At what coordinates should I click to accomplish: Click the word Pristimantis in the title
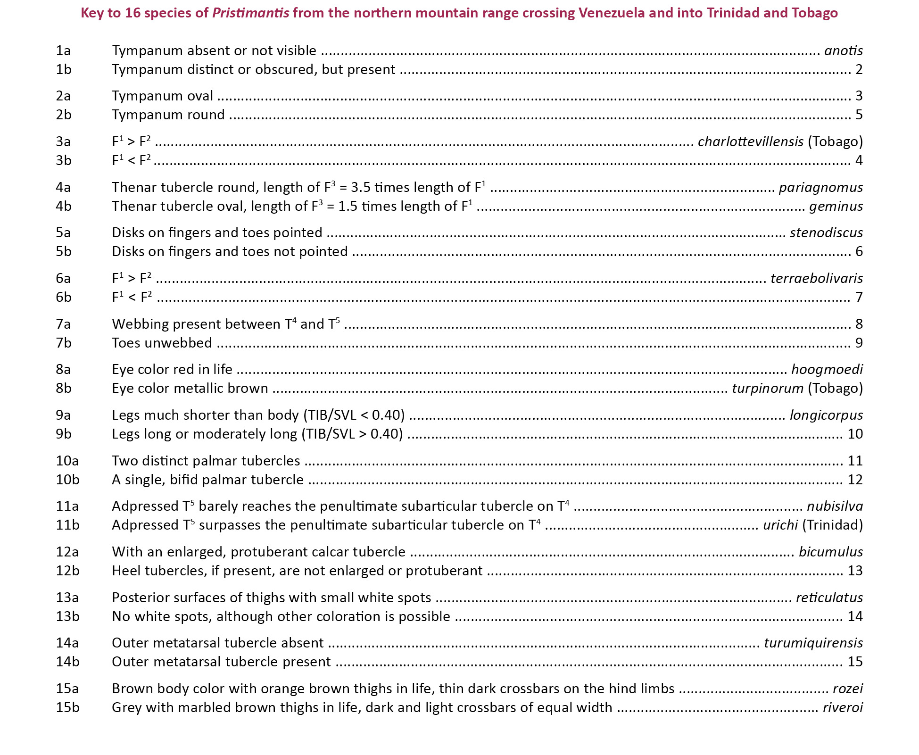click(x=250, y=13)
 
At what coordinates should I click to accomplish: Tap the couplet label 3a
click(x=63, y=141)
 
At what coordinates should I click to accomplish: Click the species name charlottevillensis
click(x=750, y=141)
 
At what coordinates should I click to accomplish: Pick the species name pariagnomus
click(x=820, y=187)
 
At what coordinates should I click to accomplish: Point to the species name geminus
click(x=836, y=206)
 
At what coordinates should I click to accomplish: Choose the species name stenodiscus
click(x=826, y=232)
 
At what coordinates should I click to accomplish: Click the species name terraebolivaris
click(x=816, y=278)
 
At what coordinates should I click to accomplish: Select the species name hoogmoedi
click(x=827, y=369)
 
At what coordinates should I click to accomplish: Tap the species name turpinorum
click(x=767, y=388)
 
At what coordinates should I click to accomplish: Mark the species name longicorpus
click(x=826, y=415)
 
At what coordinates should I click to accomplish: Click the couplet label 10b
click(x=67, y=480)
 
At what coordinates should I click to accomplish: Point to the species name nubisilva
click(x=835, y=506)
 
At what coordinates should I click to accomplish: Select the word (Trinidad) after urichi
click(x=833, y=525)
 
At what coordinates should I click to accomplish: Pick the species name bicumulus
click(x=830, y=552)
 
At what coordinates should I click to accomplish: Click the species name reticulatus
click(x=829, y=597)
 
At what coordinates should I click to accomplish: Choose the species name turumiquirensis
click(x=813, y=643)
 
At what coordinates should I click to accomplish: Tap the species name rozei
click(x=847, y=689)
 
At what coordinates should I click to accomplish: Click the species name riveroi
click(x=843, y=707)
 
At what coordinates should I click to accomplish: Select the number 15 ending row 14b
click(x=855, y=662)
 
